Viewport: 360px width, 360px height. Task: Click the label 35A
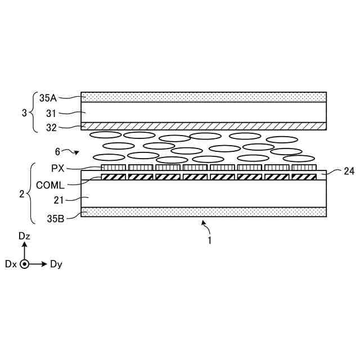coord(48,97)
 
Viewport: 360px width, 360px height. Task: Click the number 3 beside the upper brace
coord(24,113)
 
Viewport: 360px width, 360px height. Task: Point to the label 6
coord(57,151)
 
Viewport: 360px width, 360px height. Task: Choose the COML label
coord(49,184)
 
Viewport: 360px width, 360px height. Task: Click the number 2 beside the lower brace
coord(21,195)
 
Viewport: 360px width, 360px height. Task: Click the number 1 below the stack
coord(209,240)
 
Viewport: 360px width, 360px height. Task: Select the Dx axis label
coord(11,264)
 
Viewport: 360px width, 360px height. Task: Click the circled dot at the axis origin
coord(24,264)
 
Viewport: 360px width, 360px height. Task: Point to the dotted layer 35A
coord(204,97)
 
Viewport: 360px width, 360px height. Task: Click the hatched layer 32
coord(204,125)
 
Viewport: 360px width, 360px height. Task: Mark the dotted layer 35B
coord(204,212)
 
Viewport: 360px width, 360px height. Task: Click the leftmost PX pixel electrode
coord(113,168)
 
